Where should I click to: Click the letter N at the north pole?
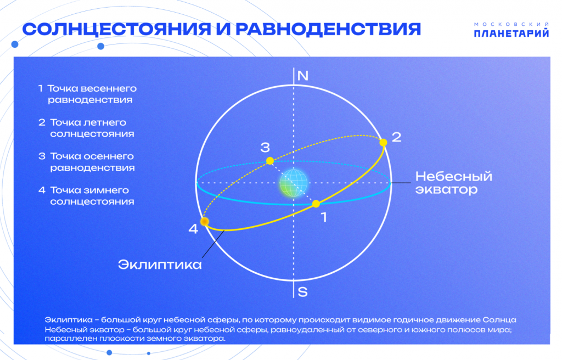302,76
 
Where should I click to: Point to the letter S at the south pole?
302,291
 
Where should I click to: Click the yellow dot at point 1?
316,204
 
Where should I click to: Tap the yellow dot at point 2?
383,142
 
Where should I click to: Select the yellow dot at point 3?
270,161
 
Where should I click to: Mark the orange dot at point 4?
205,222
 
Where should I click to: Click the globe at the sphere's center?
292,183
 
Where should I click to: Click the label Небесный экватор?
453,183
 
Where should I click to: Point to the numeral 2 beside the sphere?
396,137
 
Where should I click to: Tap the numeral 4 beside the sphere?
193,229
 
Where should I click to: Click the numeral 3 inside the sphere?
265,147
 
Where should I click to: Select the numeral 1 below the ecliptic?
323,217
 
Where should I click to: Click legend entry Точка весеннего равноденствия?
91,94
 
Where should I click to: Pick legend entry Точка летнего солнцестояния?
91,128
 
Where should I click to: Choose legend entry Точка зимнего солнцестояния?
91,196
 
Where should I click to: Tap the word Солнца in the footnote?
500,319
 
